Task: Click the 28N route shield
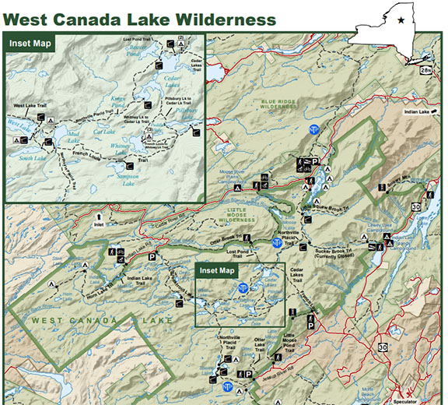(x=425, y=70)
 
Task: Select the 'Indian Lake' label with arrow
(x=416, y=112)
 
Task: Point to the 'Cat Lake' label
(x=104, y=132)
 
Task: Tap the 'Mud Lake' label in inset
(x=71, y=133)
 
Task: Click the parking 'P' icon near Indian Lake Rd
(x=152, y=256)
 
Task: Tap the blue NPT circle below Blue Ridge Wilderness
(x=314, y=129)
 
